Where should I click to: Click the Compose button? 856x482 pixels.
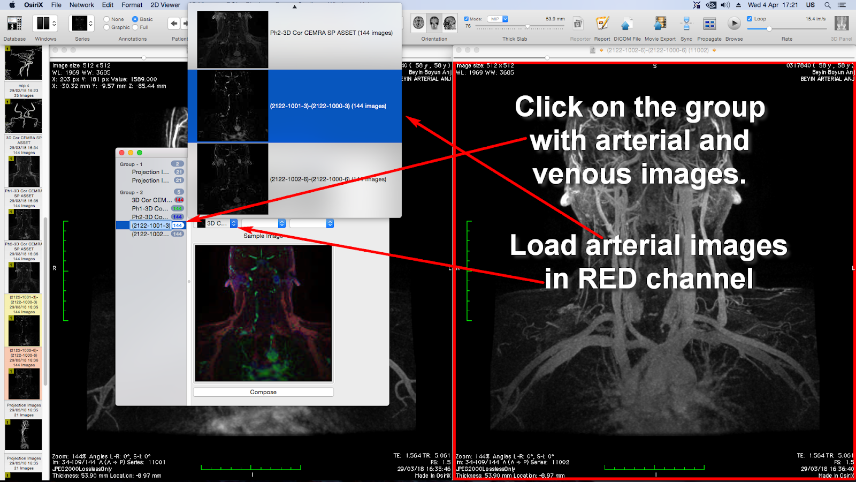coord(263,392)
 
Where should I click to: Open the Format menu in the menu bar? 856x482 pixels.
coord(132,5)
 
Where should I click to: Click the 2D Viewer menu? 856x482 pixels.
coord(165,5)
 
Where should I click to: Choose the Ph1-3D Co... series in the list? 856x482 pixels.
coord(150,208)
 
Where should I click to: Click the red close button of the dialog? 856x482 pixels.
coord(122,153)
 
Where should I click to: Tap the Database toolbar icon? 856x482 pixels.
coord(14,24)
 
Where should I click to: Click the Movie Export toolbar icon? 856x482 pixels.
coord(660,24)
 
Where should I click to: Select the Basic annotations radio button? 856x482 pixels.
coord(135,19)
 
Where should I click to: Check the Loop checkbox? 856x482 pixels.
coord(750,19)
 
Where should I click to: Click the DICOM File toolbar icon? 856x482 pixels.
coord(626,24)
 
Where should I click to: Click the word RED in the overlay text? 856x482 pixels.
coord(607,279)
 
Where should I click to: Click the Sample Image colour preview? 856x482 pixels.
coord(263,313)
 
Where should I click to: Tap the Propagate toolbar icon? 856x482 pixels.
coord(709,24)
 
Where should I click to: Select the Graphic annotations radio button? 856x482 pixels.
coord(107,27)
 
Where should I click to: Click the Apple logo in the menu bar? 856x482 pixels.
coord(12,5)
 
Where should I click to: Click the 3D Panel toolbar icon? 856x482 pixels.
coord(842,24)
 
